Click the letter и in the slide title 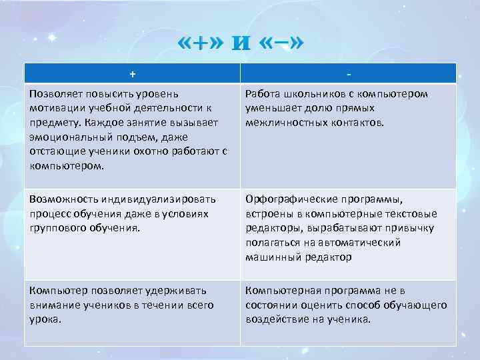pos(240,45)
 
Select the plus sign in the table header pos(132,73)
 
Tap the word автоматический pos(363,243)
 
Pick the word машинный pos(270,257)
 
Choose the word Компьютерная pos(279,291)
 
